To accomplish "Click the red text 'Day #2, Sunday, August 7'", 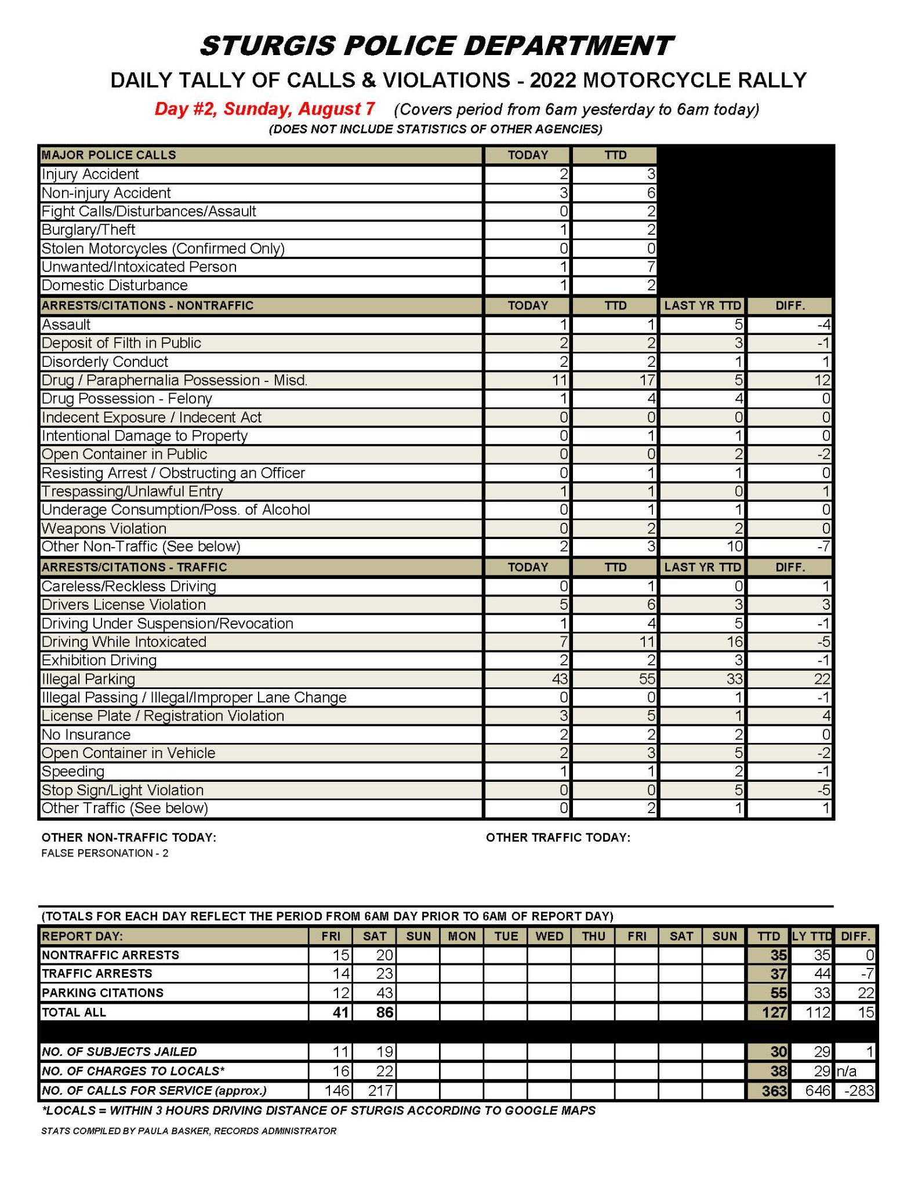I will pos(264,109).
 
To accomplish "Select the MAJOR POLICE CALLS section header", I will pos(108,155).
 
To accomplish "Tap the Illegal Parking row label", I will pos(88,679).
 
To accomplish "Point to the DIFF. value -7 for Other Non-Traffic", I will pos(822,547).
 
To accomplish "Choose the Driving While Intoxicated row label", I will pos(124,642).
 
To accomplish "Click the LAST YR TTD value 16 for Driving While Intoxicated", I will pos(734,642).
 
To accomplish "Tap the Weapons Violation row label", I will pos(104,529).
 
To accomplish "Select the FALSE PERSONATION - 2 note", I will pos(104,853).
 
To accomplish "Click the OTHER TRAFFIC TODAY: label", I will pos(557,838).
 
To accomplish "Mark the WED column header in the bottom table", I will pos(549,937).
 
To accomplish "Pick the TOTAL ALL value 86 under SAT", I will pos(384,1013).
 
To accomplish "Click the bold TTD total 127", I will pos(774,1013).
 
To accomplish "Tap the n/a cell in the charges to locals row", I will pos(846,1071).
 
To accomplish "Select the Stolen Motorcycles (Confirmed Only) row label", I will pos(163,249).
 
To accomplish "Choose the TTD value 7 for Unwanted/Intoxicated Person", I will pos(651,267).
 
